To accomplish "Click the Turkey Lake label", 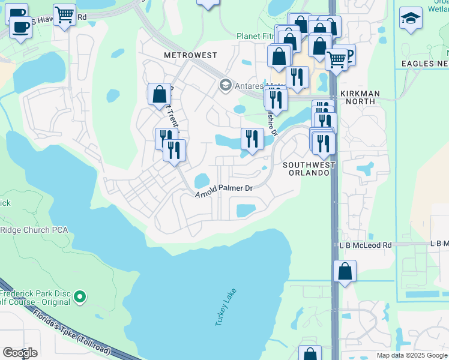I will tap(226, 307).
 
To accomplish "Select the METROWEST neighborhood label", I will tap(190, 55).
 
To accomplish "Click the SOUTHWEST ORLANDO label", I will tap(306, 168).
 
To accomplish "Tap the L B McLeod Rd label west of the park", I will tap(363, 245).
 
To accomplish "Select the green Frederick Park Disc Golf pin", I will tap(79, 296).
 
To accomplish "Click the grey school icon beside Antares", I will tap(225, 85).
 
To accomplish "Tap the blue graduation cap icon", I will tap(411, 19).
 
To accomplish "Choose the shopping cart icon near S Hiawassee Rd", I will tap(64, 13).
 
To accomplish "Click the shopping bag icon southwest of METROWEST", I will tap(159, 94).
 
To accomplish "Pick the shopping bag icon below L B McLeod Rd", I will tap(345, 271).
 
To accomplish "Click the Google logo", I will tap(20, 353).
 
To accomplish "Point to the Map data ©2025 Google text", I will tap(411, 355).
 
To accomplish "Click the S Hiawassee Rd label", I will tap(58, 18).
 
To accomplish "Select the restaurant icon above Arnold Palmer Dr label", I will tap(252, 139).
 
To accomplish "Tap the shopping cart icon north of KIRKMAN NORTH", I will tap(337, 59).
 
